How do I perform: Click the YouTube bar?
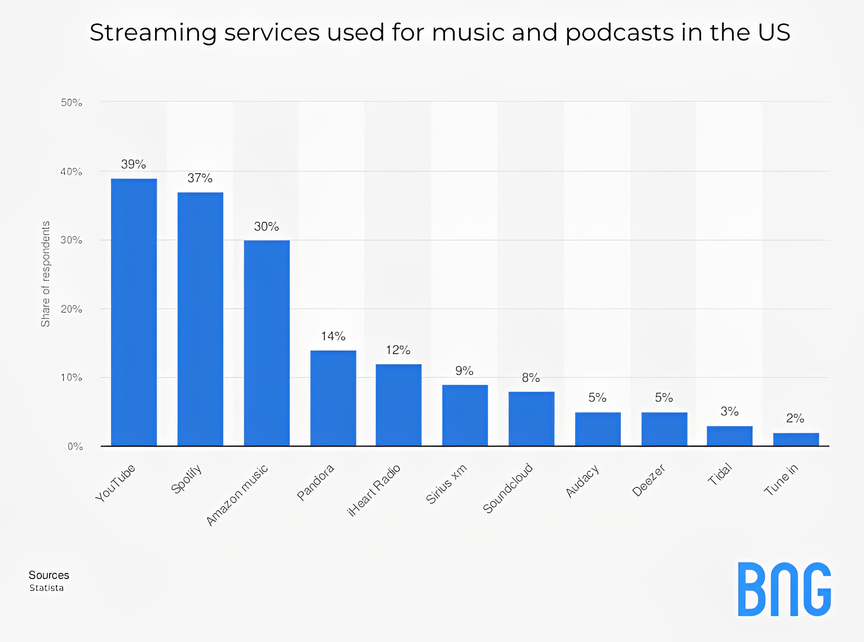(x=134, y=312)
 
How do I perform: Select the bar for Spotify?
(x=200, y=319)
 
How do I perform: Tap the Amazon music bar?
(x=267, y=343)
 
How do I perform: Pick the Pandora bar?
(x=333, y=398)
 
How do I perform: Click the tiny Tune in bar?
(x=796, y=439)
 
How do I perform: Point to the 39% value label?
(x=133, y=165)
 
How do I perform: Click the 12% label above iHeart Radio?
(x=398, y=350)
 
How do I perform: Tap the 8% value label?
(x=531, y=378)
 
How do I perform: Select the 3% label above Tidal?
(x=730, y=412)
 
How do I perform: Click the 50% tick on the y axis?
(x=71, y=103)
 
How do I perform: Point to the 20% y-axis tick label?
(x=71, y=309)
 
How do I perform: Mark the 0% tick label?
(x=75, y=447)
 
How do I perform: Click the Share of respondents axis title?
(x=45, y=274)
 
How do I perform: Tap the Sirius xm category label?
(x=446, y=484)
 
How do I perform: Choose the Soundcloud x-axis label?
(x=508, y=489)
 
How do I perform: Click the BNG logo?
(x=784, y=589)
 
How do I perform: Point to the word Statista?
(x=47, y=588)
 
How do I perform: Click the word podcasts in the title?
(x=619, y=33)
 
